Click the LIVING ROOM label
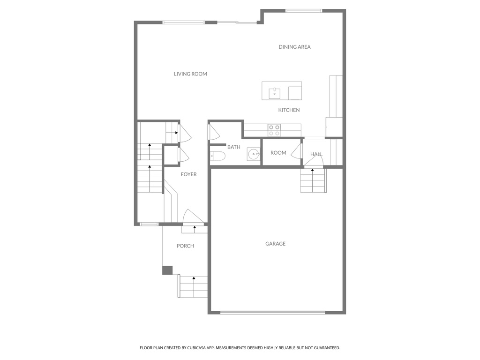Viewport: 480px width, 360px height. click(190, 74)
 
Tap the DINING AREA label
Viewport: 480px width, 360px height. click(294, 47)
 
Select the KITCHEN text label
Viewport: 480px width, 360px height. click(289, 110)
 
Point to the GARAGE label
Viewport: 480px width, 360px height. click(275, 244)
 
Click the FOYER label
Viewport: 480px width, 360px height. click(189, 174)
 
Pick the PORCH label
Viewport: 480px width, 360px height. click(185, 246)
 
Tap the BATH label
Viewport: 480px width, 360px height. click(233, 147)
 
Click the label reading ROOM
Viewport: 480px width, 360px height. click(278, 153)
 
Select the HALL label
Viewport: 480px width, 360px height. click(316, 154)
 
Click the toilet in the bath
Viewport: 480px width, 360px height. click(217, 156)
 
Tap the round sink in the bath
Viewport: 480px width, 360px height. click(254, 154)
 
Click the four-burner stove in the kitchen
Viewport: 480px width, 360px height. click(274, 130)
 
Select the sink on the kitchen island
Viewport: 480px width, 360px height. click(274, 93)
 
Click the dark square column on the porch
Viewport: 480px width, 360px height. click(167, 270)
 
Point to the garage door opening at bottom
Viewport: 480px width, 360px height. click(272, 312)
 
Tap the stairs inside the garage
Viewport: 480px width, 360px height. click(313, 180)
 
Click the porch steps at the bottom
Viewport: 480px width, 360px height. click(193, 286)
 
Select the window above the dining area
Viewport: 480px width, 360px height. click(304, 11)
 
